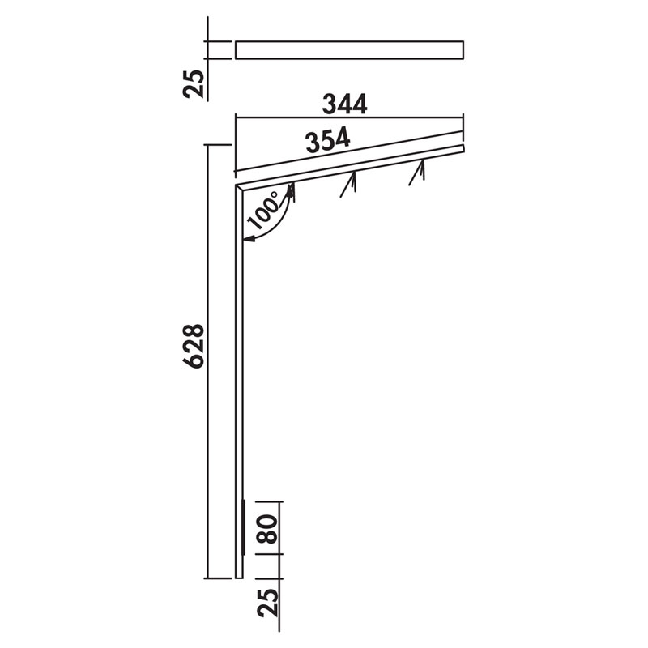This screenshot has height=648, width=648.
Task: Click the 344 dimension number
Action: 345,104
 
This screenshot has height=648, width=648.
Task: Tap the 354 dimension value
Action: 328,140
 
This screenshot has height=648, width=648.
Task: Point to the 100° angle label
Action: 264,211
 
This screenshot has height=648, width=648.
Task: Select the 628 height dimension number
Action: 194,346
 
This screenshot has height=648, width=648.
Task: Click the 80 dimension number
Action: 267,529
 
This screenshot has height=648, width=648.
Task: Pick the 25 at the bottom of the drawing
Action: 267,603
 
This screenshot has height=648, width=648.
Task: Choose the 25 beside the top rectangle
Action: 194,84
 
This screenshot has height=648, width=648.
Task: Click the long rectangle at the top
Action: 349,50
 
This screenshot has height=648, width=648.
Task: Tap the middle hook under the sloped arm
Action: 349,184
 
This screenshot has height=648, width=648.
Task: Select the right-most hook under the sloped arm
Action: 417,173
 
